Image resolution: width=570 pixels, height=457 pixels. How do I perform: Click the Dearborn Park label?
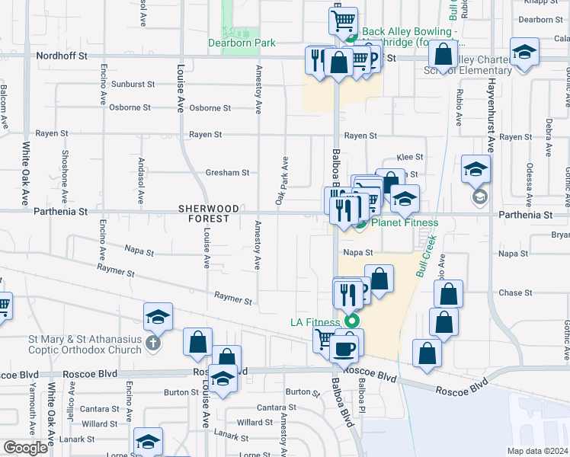[242, 43]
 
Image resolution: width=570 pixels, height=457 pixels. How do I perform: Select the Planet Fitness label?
[404, 223]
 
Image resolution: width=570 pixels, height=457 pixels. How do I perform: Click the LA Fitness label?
[314, 322]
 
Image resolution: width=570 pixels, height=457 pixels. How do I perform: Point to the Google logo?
[25, 448]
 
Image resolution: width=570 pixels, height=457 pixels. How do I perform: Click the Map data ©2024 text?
[537, 451]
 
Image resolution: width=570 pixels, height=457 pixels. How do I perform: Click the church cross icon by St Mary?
[154, 344]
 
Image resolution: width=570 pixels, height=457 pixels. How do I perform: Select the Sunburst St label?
[133, 85]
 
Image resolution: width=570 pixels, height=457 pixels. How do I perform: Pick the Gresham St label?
[227, 173]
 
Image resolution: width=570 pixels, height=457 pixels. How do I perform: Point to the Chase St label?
[515, 292]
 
